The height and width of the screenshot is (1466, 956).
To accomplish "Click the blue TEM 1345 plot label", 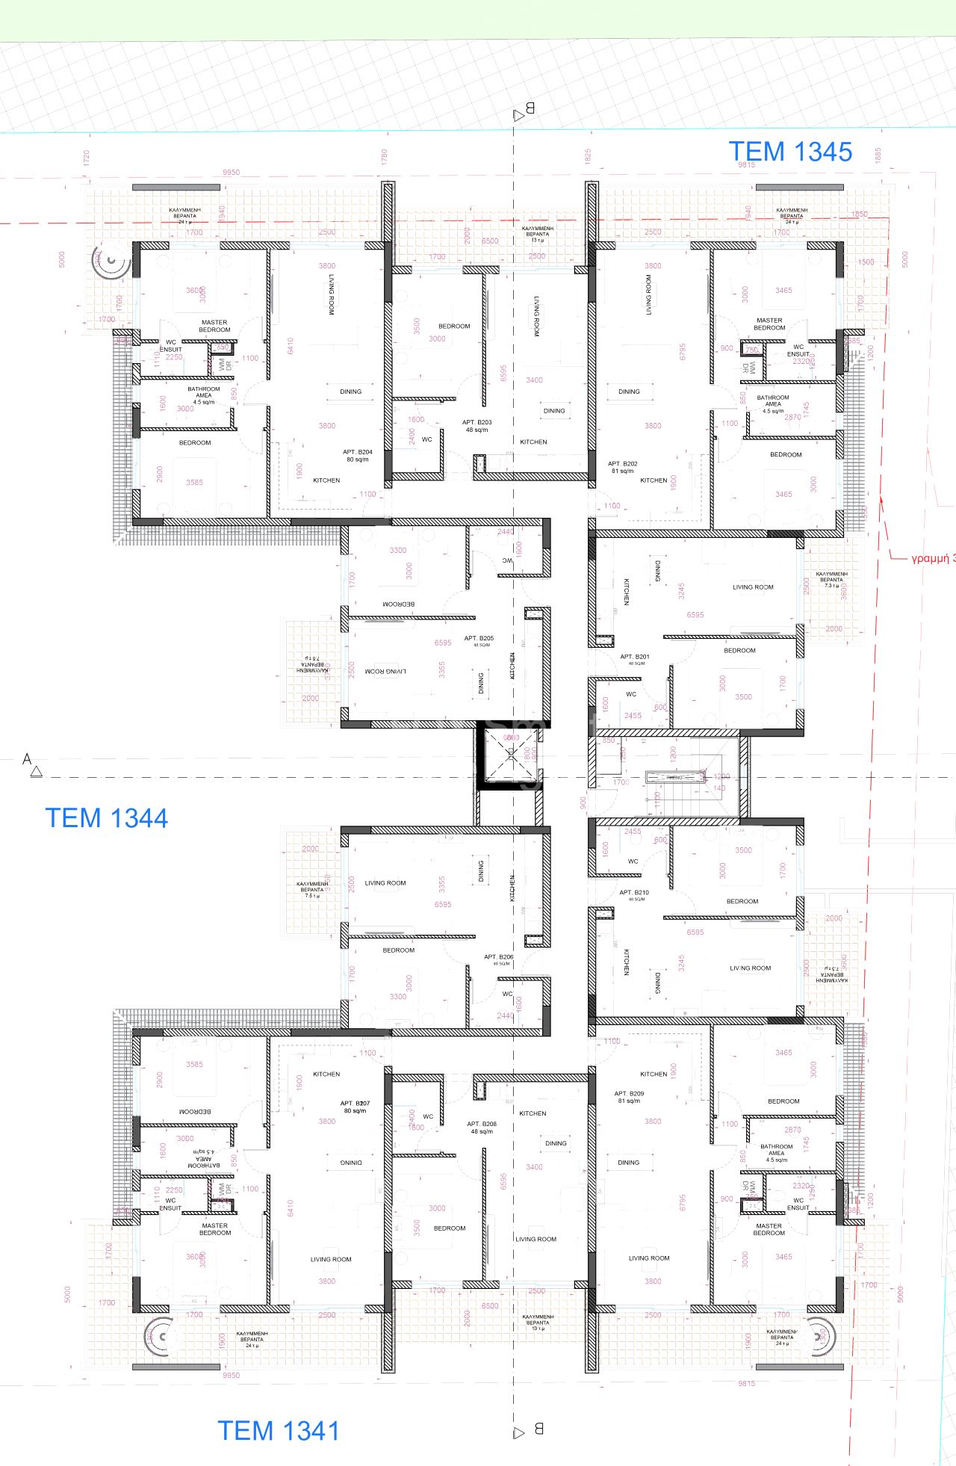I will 790,152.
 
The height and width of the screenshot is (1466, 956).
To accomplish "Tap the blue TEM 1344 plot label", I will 107,818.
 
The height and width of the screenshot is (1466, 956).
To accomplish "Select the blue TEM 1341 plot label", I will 279,1430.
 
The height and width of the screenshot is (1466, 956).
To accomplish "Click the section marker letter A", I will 28,759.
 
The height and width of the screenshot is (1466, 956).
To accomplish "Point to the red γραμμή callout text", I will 932,558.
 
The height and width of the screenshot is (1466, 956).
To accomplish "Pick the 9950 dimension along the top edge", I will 231,173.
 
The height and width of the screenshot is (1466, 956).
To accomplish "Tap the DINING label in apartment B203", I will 554,411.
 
